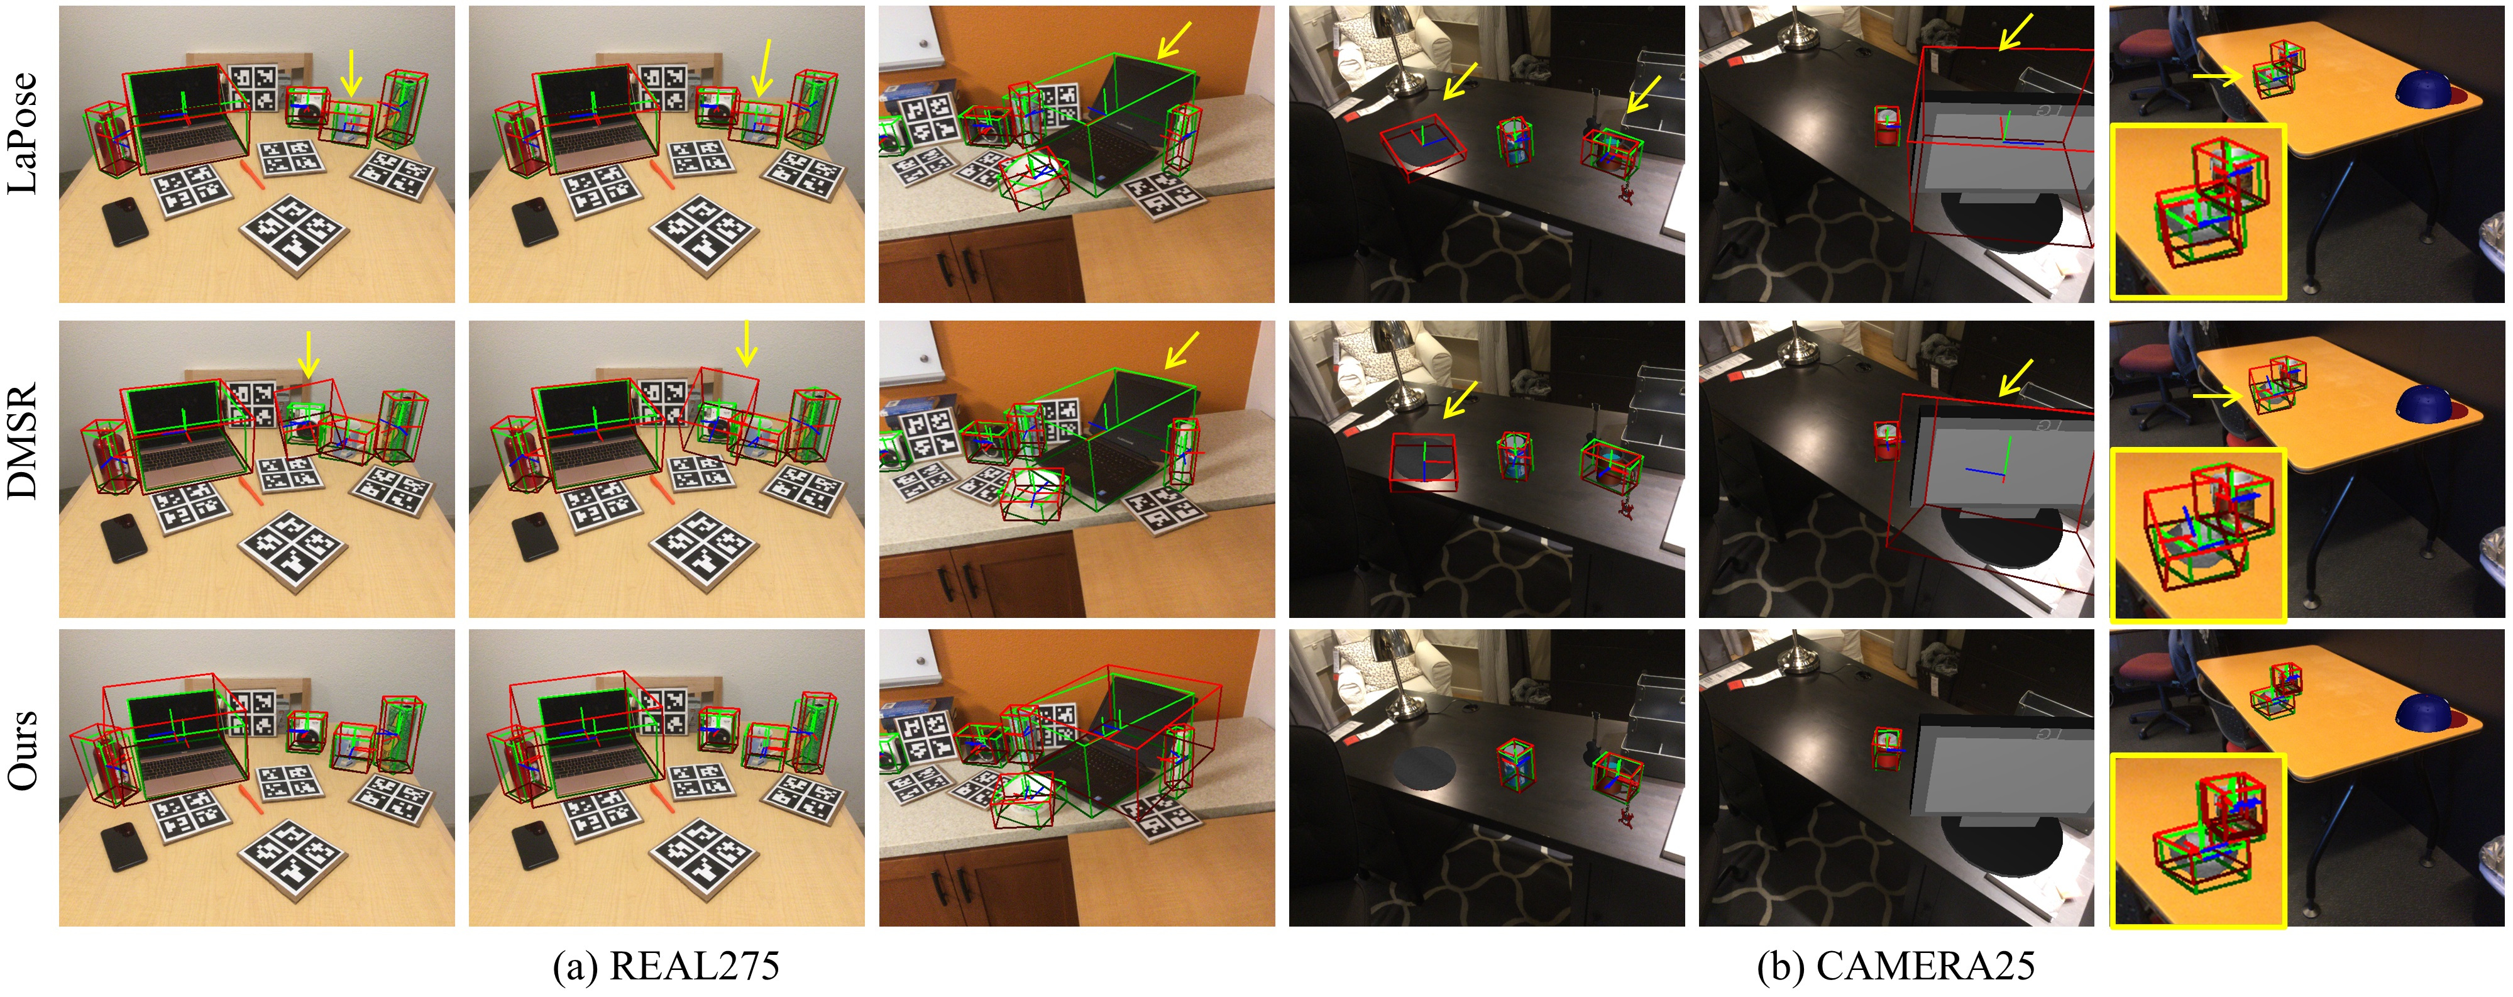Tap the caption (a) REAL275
tap(666, 965)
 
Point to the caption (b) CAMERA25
tap(1896, 965)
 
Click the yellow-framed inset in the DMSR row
tap(2199, 534)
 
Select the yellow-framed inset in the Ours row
tap(2199, 840)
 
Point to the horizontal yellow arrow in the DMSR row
tap(2218, 396)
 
